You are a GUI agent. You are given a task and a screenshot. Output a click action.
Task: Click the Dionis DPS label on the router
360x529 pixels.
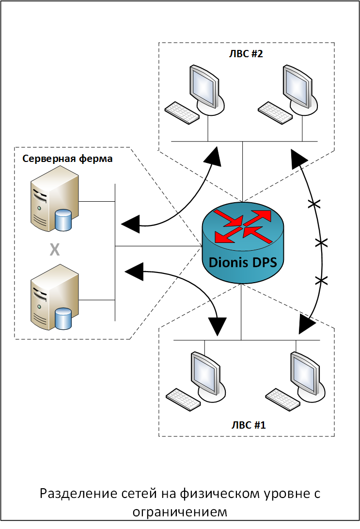pyautogui.click(x=243, y=262)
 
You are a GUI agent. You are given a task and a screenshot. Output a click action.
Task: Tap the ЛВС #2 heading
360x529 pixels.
pyautogui.click(x=246, y=54)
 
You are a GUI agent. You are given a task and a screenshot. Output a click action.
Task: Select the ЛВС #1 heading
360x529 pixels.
pyautogui.click(x=249, y=425)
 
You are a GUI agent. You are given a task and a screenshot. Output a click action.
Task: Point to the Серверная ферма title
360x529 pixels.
pyautogui.click(x=67, y=159)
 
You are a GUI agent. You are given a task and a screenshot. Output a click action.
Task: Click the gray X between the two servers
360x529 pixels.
pyautogui.click(x=55, y=250)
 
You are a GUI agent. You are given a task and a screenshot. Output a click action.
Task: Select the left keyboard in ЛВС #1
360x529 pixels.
pyautogui.click(x=183, y=400)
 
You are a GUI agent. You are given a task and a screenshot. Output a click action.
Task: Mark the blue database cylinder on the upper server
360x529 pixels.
pyautogui.click(x=63, y=220)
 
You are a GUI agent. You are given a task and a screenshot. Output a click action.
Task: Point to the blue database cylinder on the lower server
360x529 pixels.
pyautogui.click(x=63, y=319)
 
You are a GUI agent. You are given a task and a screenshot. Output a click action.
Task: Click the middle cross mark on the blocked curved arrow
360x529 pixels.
pyautogui.click(x=321, y=242)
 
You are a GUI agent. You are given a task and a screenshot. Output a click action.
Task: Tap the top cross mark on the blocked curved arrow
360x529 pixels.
pyautogui.click(x=314, y=204)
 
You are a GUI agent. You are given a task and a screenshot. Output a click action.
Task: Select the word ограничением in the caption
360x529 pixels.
pyautogui.click(x=180, y=512)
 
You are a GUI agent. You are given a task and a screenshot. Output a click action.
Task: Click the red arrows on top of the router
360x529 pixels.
pyautogui.click(x=243, y=226)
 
